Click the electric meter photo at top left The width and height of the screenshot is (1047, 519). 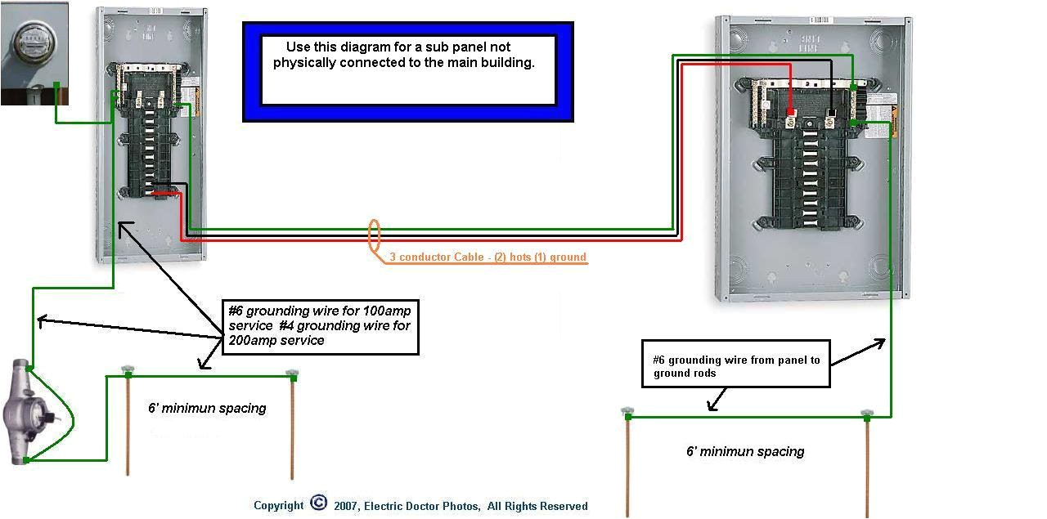click(x=33, y=52)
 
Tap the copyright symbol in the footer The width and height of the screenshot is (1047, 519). click(x=318, y=504)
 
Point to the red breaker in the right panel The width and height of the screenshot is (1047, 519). click(x=791, y=114)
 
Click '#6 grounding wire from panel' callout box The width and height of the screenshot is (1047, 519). click(x=735, y=366)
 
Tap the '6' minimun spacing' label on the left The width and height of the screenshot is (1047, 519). click(x=207, y=408)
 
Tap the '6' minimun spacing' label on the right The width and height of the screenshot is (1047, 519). click(x=744, y=451)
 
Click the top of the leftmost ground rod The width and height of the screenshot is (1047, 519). click(x=127, y=372)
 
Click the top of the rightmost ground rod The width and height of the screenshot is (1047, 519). click(x=866, y=414)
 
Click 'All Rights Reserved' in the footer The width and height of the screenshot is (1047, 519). click(x=537, y=506)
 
